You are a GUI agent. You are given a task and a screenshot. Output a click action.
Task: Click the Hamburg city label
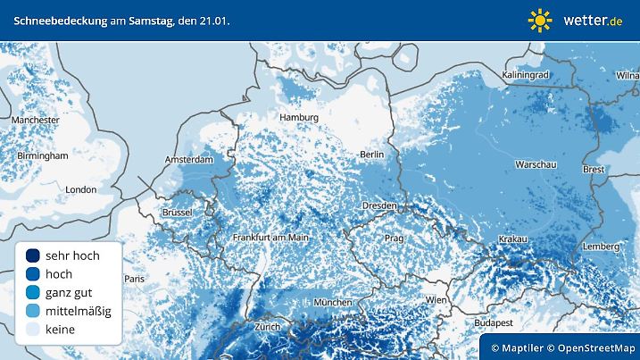click(x=298, y=117)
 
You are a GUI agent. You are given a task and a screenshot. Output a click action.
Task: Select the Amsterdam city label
click(x=189, y=160)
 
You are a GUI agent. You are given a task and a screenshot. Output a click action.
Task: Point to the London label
click(x=80, y=189)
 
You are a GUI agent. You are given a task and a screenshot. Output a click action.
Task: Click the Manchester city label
click(x=36, y=119)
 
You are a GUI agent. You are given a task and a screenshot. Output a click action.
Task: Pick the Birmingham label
click(x=42, y=155)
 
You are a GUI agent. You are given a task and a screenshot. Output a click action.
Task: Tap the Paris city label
click(x=134, y=279)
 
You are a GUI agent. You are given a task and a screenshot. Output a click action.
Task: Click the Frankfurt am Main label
click(x=270, y=238)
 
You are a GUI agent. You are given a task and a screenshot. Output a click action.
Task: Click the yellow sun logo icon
click(x=539, y=20)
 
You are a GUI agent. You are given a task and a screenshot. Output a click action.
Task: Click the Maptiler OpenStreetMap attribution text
click(x=561, y=347)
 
